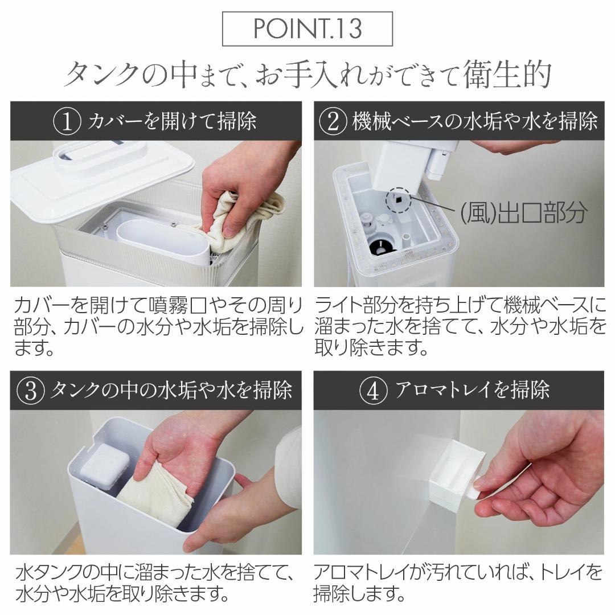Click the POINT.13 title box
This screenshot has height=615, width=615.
click(x=307, y=29)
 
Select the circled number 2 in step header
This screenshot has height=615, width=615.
click(x=334, y=121)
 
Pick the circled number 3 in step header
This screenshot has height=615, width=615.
click(x=32, y=391)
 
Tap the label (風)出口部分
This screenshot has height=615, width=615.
click(x=523, y=212)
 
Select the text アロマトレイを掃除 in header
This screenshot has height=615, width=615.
click(x=473, y=391)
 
